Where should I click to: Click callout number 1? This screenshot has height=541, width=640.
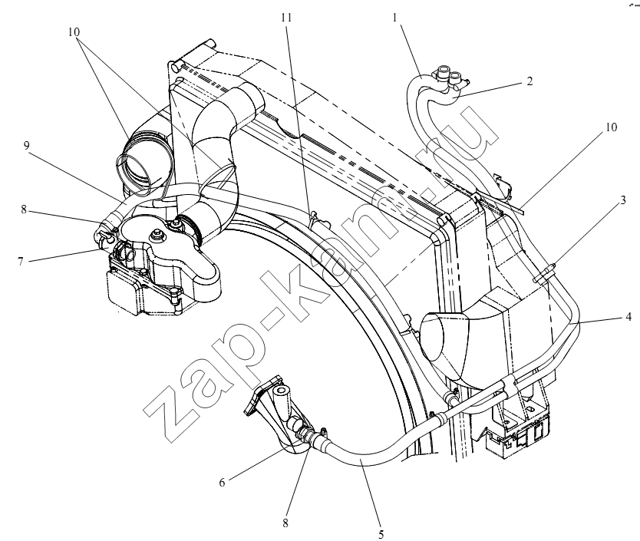tap(394, 18)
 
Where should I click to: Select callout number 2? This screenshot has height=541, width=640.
tap(529, 81)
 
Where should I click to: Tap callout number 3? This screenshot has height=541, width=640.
tap(623, 200)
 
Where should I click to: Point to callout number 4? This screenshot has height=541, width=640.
tap(628, 316)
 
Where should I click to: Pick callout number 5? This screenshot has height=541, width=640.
tap(381, 534)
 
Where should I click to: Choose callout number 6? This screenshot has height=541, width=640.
tap(222, 483)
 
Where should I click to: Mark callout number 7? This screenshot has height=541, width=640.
tap(21, 261)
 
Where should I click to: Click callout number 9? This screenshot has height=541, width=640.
tap(27, 146)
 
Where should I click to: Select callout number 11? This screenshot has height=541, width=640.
tap(286, 18)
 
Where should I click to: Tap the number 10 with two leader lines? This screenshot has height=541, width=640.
tap(74, 32)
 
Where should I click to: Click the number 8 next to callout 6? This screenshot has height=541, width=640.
tap(285, 523)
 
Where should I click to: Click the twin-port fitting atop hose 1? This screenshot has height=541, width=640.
tap(450, 78)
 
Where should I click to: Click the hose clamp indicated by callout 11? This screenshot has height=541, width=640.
tap(315, 219)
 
